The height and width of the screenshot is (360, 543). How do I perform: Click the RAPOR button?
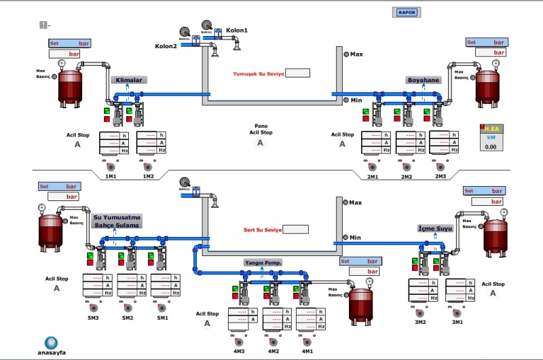pyautogui.click(x=407, y=12)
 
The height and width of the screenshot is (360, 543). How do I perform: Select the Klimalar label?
pyautogui.click(x=129, y=80)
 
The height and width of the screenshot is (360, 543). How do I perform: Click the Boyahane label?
pyautogui.click(x=424, y=80)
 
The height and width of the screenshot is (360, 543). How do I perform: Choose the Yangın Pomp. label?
pyautogui.click(x=263, y=262)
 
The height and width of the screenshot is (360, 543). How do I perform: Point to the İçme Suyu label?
pyautogui.click(x=434, y=229)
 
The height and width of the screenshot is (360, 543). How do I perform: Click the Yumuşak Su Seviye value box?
pyautogui.click(x=297, y=73)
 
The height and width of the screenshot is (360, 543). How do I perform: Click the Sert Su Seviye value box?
pyautogui.click(x=295, y=230)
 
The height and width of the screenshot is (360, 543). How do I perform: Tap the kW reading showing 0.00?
pyautogui.click(x=491, y=146)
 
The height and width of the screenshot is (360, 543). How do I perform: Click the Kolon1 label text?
pyautogui.click(x=237, y=31)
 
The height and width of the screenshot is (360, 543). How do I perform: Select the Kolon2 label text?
pyautogui.click(x=166, y=46)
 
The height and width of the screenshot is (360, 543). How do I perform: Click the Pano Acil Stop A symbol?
pyautogui.click(x=260, y=143)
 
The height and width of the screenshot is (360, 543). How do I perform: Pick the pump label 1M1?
pyautogui.click(x=111, y=177)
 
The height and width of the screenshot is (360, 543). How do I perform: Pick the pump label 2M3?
pyautogui.click(x=441, y=177)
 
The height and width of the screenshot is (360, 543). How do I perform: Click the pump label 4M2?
pyautogui.click(x=273, y=351)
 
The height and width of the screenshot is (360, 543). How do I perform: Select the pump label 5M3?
pyautogui.click(x=92, y=317)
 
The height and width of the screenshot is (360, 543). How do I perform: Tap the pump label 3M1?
pyautogui.click(x=457, y=322)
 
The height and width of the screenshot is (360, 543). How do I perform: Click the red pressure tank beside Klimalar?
pyautogui.click(x=68, y=86)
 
